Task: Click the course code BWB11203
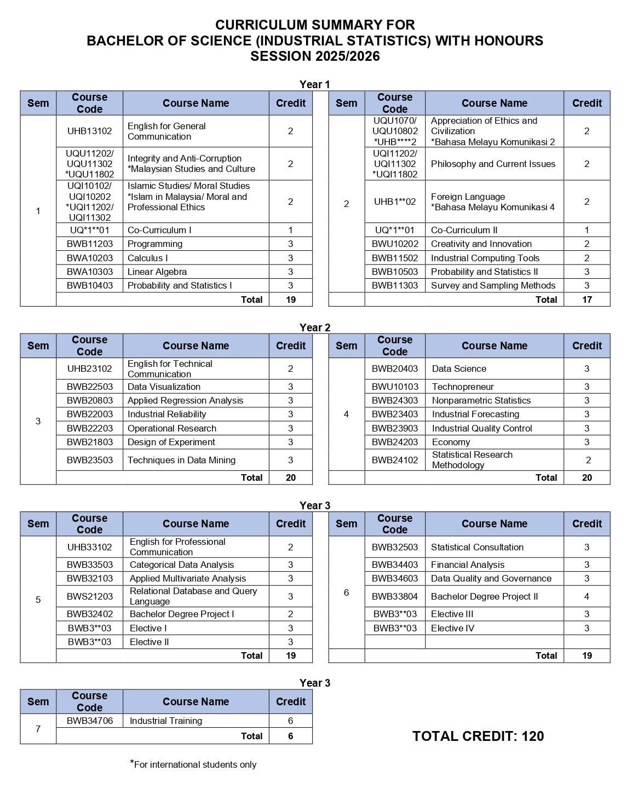click(x=89, y=244)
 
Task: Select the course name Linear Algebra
click(x=157, y=272)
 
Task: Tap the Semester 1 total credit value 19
click(x=290, y=300)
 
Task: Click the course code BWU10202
click(x=394, y=244)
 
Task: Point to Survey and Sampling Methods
click(x=493, y=285)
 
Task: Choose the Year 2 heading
click(x=315, y=327)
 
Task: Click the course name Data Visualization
click(x=164, y=387)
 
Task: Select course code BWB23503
click(x=89, y=460)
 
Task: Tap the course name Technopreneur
click(x=463, y=387)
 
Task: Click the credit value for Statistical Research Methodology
click(x=587, y=460)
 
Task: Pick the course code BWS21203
click(x=89, y=596)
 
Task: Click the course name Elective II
click(x=149, y=642)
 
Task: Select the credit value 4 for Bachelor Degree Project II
click(x=587, y=596)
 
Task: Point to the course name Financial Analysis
click(x=468, y=565)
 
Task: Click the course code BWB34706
click(x=89, y=721)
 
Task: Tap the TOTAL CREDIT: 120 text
click(x=478, y=736)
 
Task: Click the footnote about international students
click(x=193, y=764)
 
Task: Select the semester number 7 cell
click(x=38, y=729)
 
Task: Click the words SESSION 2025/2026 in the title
click(x=315, y=56)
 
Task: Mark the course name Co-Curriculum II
click(x=464, y=230)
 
